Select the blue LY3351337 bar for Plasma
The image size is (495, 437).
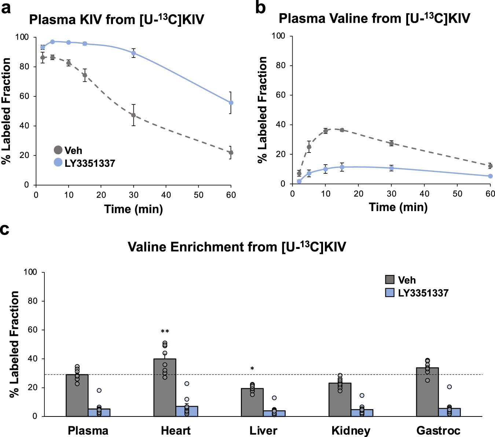[99, 412]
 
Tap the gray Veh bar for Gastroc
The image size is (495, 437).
[427, 392]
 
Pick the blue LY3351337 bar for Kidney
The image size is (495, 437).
[362, 413]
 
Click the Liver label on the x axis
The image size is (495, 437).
[263, 430]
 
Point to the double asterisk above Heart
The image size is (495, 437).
[165, 332]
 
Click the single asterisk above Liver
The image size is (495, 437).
[252, 369]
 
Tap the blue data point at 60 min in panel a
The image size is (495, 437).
[231, 103]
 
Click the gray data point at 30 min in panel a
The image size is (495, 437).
[133, 115]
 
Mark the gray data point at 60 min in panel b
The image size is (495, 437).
[490, 166]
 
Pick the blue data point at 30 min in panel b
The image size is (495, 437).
[391, 168]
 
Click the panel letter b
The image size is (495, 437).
[260, 8]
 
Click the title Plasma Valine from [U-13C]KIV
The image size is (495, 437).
[374, 18]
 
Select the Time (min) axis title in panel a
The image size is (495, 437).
[133, 209]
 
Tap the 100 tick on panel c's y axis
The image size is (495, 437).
[30, 272]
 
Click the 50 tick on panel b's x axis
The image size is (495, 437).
[457, 194]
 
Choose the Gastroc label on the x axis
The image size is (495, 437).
[438, 430]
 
